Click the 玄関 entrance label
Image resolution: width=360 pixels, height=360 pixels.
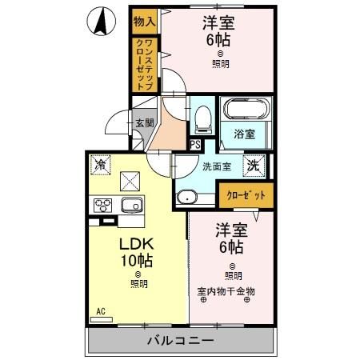click(x=144, y=123)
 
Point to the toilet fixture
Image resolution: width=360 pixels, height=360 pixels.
click(x=202, y=118)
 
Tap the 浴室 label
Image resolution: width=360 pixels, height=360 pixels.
click(x=245, y=134)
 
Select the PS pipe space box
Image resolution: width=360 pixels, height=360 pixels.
click(x=194, y=145)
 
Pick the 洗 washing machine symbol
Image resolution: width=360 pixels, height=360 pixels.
click(x=254, y=166)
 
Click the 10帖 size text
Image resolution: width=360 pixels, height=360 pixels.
click(x=136, y=260)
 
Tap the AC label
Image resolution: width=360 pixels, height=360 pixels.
click(x=101, y=310)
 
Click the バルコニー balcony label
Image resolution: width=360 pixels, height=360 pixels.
click(x=179, y=341)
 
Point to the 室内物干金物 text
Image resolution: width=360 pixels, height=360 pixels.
click(x=226, y=291)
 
